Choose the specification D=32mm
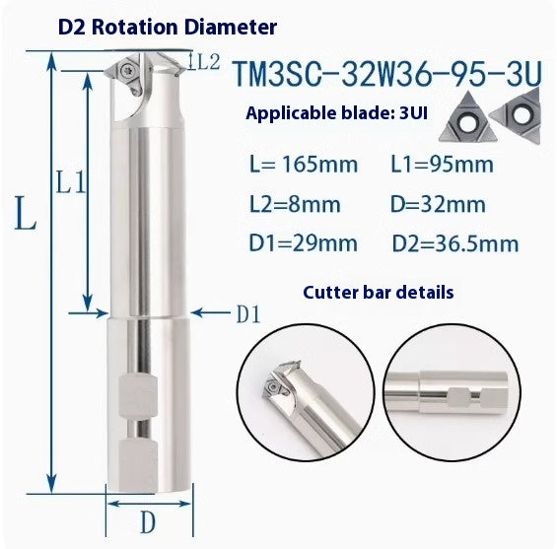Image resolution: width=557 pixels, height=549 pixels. pos(432,204)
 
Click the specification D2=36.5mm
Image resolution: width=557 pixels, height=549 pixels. pos(454,243)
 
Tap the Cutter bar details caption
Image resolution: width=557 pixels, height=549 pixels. pos(379,293)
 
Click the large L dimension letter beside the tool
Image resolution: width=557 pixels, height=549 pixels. pos(25,214)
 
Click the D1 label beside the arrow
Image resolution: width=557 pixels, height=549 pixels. pos(247,314)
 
